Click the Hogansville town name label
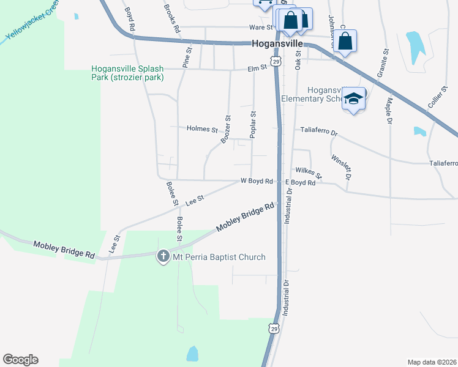coord(277,44)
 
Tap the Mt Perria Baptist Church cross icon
coord(163,257)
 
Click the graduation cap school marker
coord(353,98)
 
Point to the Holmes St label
coord(202,130)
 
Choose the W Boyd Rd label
coord(256,182)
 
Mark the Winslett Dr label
coord(340,166)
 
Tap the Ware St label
coord(260,27)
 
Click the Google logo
coord(20,360)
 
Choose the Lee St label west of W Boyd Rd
coord(194,198)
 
